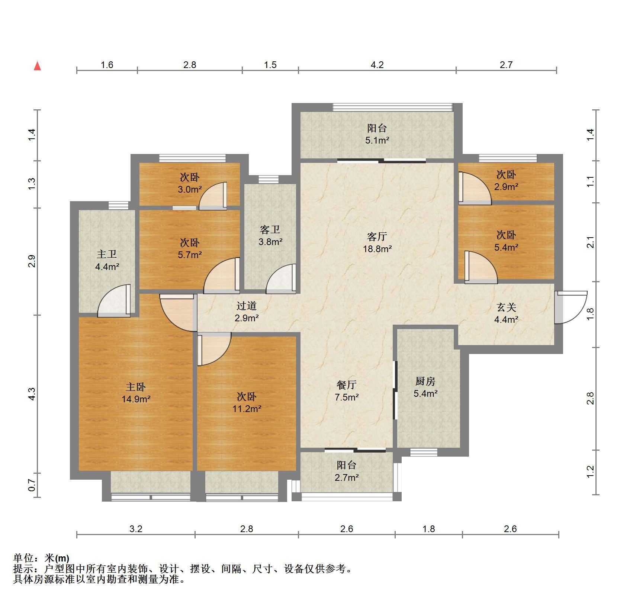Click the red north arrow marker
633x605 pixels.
37,66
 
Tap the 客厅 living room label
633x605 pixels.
377,236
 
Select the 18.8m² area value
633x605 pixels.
377,249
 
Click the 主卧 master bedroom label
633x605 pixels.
136,387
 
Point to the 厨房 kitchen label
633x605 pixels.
425,381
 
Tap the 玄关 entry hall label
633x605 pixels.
507,307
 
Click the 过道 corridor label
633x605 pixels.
247,306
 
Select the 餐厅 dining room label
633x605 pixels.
347,384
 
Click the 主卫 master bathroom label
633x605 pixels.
107,254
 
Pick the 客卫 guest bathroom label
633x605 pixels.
270,229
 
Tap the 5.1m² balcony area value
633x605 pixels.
377,140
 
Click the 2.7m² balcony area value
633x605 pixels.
347,477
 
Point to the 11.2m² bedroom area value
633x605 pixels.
247,409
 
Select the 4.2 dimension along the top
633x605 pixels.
377,65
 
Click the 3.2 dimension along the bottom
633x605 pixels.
136,529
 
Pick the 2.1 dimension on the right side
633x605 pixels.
591,242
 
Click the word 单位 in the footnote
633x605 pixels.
23,558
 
